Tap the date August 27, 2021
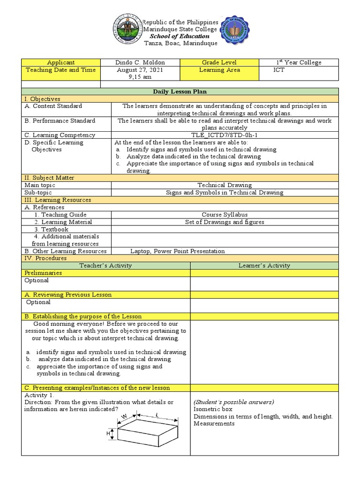pyautogui.click(x=140, y=70)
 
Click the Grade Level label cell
pyautogui.click(x=219, y=62)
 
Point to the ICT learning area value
pyautogui.click(x=279, y=70)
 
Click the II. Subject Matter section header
pyautogui.click(x=49, y=178)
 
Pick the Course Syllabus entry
pyautogui.click(x=225, y=215)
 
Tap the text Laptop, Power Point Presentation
pyautogui.click(x=177, y=251)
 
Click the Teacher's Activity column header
pyautogui.click(x=105, y=265)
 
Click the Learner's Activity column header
pyautogui.click(x=264, y=265)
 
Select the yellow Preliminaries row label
pyautogui.click(x=43, y=273)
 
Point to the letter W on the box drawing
pyautogui.click(x=124, y=417)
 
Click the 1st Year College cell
pyautogui.click(x=299, y=62)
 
